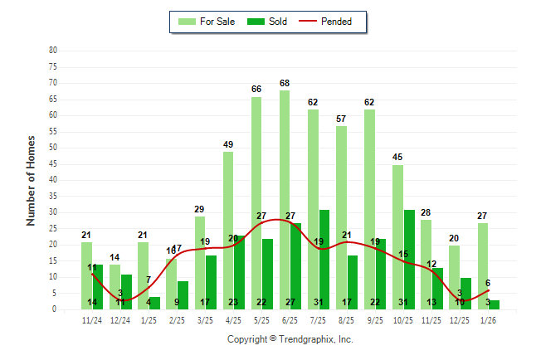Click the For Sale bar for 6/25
click(x=285, y=199)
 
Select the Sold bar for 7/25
click(x=324, y=259)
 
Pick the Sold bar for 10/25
click(x=409, y=259)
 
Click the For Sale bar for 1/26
click(x=482, y=265)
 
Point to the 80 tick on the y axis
click(x=53, y=51)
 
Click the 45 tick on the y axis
click(x=53, y=163)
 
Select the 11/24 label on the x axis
click(x=92, y=319)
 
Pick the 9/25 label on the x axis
click(x=375, y=319)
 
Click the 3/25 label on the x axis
click(x=205, y=319)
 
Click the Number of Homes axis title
click(x=32, y=180)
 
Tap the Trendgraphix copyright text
click(x=290, y=339)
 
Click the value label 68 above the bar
click(x=285, y=83)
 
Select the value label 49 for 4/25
click(x=228, y=144)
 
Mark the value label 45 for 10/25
click(x=397, y=158)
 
